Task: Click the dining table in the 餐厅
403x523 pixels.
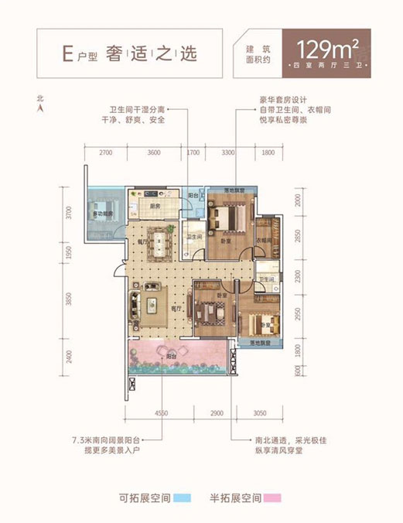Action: coord(161,242)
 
